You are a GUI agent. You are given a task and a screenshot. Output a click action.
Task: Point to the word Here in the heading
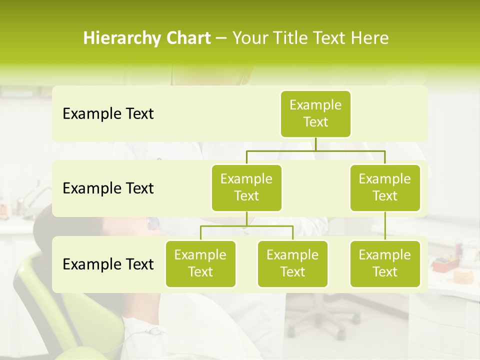370,38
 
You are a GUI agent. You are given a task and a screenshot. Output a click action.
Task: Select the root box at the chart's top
315,113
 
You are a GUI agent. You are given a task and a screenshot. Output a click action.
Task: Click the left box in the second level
246,187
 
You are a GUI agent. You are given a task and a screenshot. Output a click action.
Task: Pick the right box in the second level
385,187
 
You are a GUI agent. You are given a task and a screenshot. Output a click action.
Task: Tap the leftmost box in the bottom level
200,263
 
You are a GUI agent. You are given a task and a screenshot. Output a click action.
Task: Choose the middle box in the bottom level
292,263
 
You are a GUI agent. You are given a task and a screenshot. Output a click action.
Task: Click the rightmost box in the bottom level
385,263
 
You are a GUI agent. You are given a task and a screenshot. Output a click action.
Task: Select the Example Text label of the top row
108,114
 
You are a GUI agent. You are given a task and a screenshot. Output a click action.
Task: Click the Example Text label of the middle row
108,188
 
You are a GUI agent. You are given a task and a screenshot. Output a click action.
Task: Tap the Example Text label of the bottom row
108,264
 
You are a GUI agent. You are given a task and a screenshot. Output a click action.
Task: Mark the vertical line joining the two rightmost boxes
385,226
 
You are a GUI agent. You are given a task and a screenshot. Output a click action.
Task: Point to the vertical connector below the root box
315,144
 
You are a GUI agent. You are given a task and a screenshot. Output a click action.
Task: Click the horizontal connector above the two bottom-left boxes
246,226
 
